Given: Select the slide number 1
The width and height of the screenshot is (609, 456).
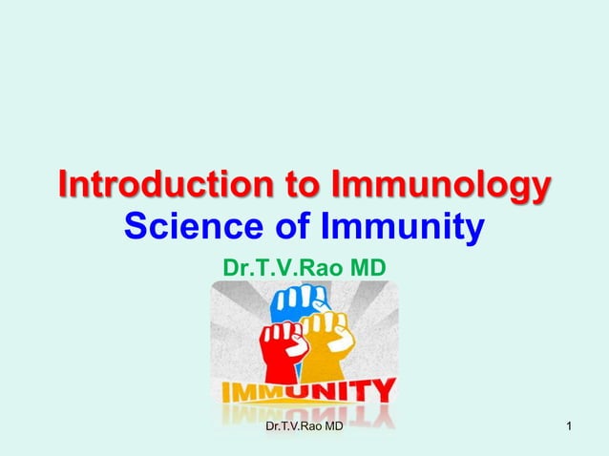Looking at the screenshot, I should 570,436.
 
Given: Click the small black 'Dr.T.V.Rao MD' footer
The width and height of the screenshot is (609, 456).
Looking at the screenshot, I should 304,436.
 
